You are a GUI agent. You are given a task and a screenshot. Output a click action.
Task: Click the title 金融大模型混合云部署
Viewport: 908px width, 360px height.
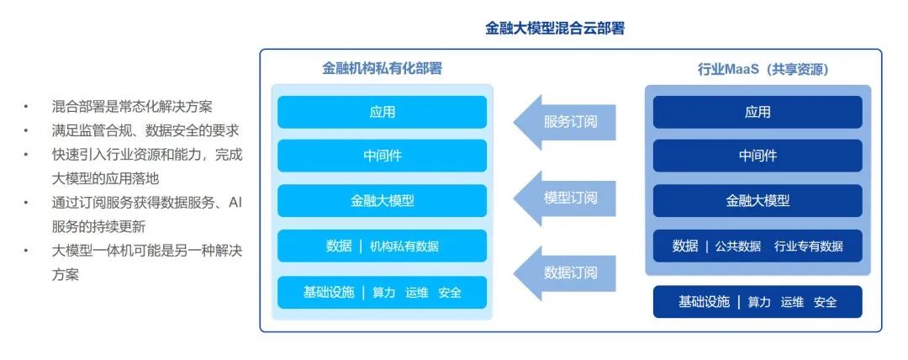click(x=555, y=29)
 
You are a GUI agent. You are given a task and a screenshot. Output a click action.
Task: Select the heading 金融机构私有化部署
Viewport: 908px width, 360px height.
click(x=383, y=68)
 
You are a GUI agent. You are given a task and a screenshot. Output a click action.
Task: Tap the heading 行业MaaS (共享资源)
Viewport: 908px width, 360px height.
click(x=763, y=70)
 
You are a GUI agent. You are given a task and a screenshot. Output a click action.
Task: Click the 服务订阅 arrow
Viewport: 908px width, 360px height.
click(x=564, y=122)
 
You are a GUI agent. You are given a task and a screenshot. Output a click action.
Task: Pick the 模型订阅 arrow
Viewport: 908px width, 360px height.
click(x=564, y=198)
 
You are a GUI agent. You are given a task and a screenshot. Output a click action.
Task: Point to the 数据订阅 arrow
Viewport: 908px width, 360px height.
click(x=564, y=273)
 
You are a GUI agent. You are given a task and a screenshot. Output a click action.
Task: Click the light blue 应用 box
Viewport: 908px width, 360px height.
click(x=383, y=112)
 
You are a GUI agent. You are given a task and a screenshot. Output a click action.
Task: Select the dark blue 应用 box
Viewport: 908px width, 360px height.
click(x=758, y=112)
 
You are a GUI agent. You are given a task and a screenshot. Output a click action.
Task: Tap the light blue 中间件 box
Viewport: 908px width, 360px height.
click(x=383, y=156)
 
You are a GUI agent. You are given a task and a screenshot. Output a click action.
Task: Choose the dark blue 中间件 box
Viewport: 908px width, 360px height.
click(x=758, y=156)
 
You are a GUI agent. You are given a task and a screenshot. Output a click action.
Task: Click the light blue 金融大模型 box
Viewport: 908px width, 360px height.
click(x=383, y=200)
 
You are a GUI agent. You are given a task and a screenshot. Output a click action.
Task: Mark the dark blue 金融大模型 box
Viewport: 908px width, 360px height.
click(x=758, y=200)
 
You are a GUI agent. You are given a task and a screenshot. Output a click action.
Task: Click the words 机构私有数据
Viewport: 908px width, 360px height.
click(x=404, y=246)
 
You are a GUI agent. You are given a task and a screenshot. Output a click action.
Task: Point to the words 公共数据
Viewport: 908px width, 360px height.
click(x=738, y=246)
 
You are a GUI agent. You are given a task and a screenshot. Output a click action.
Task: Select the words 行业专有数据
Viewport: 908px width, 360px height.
click(x=809, y=246)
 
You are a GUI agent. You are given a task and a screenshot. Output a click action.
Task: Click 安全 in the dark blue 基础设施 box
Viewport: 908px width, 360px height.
click(x=826, y=302)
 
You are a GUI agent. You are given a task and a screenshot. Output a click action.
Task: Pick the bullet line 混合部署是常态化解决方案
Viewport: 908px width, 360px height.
click(x=132, y=107)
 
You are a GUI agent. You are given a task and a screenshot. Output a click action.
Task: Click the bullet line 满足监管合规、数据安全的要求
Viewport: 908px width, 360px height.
click(x=145, y=130)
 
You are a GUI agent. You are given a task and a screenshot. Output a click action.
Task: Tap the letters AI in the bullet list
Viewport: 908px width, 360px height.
click(x=235, y=203)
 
